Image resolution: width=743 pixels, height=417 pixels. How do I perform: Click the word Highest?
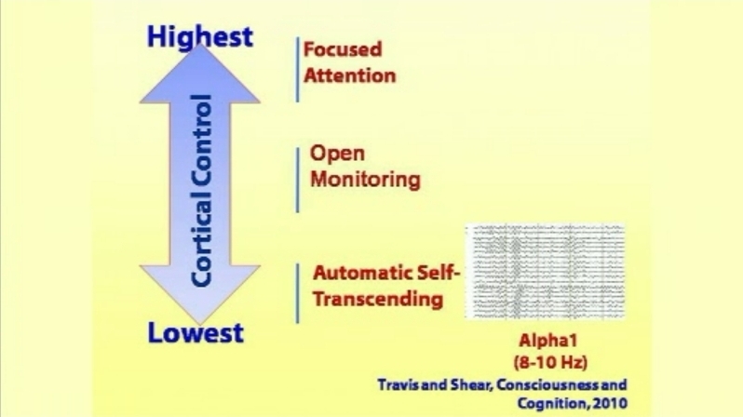200,37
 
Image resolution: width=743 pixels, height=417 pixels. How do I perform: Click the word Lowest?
196,332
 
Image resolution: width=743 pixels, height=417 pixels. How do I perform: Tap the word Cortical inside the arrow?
200,240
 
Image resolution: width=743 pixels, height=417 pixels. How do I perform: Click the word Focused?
343,49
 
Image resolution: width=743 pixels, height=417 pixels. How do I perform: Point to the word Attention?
350,75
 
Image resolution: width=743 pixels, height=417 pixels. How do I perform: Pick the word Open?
337,155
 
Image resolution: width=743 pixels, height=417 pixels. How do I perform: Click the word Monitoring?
365,180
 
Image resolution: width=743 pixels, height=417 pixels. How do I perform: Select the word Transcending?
378,300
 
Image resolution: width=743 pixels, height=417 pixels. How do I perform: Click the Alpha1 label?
548,341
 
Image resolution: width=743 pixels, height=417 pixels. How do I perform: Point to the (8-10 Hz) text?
550,362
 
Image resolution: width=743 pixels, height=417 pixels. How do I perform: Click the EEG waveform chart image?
545,272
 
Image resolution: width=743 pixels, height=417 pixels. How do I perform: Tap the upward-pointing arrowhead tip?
200,44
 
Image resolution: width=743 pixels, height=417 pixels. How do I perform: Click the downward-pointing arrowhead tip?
200,325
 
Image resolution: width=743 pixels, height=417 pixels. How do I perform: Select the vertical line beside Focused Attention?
298,70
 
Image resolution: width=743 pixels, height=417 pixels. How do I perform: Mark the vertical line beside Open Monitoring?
298,180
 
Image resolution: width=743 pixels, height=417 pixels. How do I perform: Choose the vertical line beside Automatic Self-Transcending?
298,293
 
